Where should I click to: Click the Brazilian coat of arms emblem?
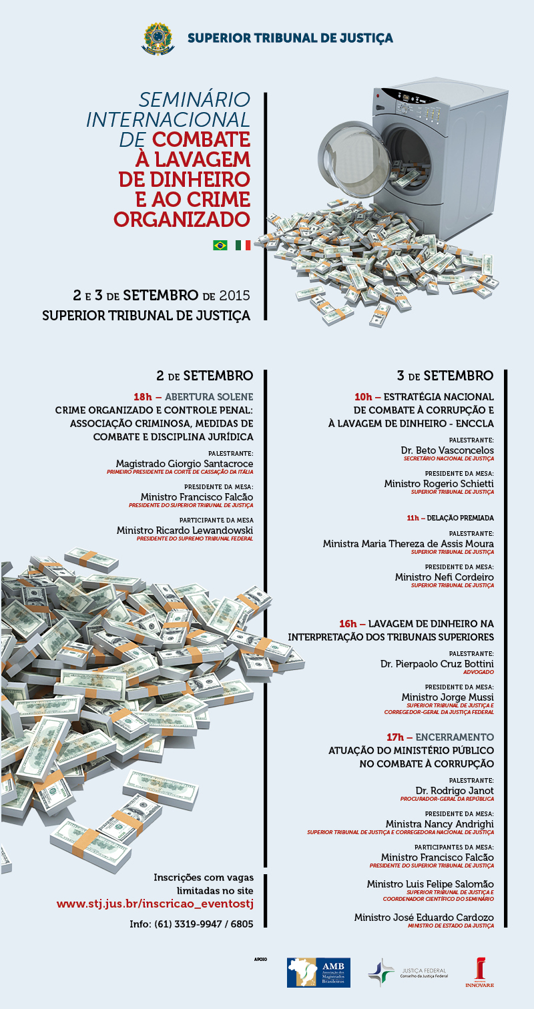[158, 37]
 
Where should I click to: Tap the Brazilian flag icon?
[220, 245]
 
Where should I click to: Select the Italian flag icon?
[243, 245]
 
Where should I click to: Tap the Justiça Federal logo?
[408, 972]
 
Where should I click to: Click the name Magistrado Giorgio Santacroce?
[184, 463]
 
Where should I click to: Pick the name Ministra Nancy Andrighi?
[440, 824]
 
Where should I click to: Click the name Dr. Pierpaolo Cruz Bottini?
[437, 664]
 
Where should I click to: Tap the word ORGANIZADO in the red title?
[182, 218]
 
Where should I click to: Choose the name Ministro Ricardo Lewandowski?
[185, 530]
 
